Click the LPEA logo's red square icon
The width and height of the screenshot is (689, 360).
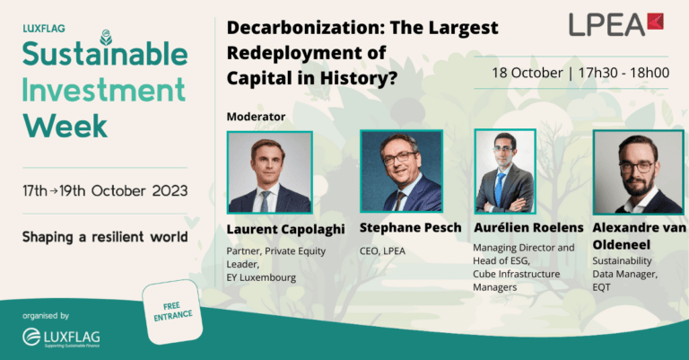(655, 22)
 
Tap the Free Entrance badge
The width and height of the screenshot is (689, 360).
(172, 312)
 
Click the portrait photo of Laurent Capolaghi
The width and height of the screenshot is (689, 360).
(270, 172)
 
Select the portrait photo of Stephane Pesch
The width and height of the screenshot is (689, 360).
(402, 171)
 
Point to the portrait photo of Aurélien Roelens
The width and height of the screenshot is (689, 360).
(505, 171)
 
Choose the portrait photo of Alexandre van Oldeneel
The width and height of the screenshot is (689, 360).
(639, 171)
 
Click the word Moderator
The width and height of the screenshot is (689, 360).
(257, 117)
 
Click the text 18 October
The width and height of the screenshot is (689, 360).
(528, 73)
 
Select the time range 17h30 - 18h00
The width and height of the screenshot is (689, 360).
(624, 73)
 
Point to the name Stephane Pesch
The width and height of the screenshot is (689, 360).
(410, 228)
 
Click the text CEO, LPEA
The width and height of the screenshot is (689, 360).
(382, 251)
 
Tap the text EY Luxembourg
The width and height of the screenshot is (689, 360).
(261, 277)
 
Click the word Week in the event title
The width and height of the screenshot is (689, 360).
(65, 127)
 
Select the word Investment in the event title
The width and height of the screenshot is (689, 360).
(104, 90)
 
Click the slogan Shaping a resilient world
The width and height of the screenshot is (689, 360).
(105, 237)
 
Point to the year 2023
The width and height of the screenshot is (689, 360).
(170, 190)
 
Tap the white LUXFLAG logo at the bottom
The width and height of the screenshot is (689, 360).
(61, 338)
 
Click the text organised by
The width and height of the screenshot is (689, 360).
(46, 316)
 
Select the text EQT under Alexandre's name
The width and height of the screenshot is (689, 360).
(602, 287)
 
